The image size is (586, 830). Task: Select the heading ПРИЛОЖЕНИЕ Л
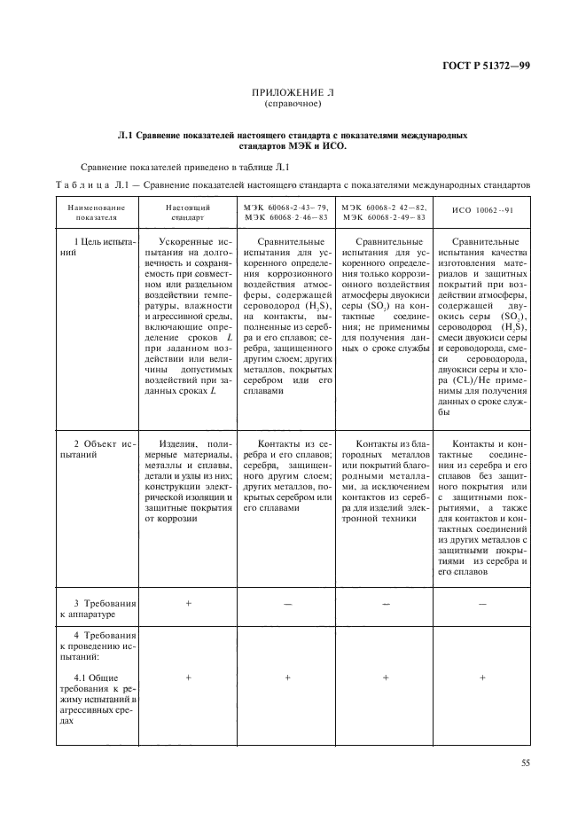click(x=293, y=91)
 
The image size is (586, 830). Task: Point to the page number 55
click(x=525, y=762)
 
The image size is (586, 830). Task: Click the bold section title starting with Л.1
click(x=293, y=138)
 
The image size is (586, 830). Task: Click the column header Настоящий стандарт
click(x=188, y=211)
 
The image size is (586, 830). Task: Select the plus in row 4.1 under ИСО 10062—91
click(x=482, y=677)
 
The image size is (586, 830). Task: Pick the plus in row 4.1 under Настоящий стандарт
click(x=188, y=677)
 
